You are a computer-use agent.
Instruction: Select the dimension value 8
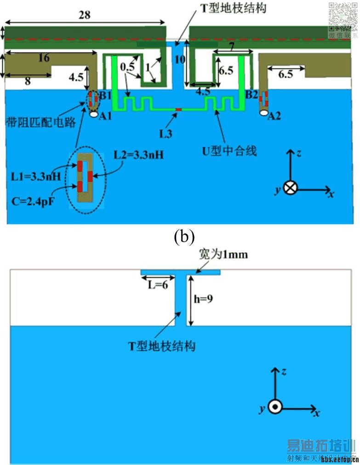[28, 82]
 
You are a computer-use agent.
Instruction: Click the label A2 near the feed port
[274, 117]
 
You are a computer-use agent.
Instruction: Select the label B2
[251, 95]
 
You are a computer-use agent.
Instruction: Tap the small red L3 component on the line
[179, 109]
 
